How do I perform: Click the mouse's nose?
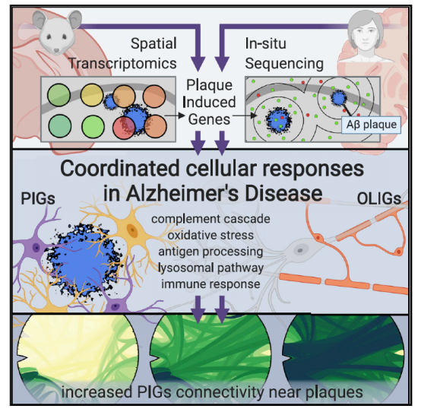(56, 50)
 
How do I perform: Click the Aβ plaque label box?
(371, 125)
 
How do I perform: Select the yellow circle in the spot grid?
(92, 94)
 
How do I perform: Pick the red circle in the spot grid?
(124, 128)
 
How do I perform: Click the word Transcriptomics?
(122, 64)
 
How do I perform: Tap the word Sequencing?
(284, 65)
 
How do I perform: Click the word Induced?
(209, 102)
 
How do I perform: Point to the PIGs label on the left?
(38, 199)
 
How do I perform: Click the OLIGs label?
(379, 199)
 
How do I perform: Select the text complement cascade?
(210, 219)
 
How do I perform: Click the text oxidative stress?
(210, 236)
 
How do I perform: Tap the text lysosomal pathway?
(210, 268)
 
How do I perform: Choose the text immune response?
(210, 284)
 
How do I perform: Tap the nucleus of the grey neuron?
(300, 251)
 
